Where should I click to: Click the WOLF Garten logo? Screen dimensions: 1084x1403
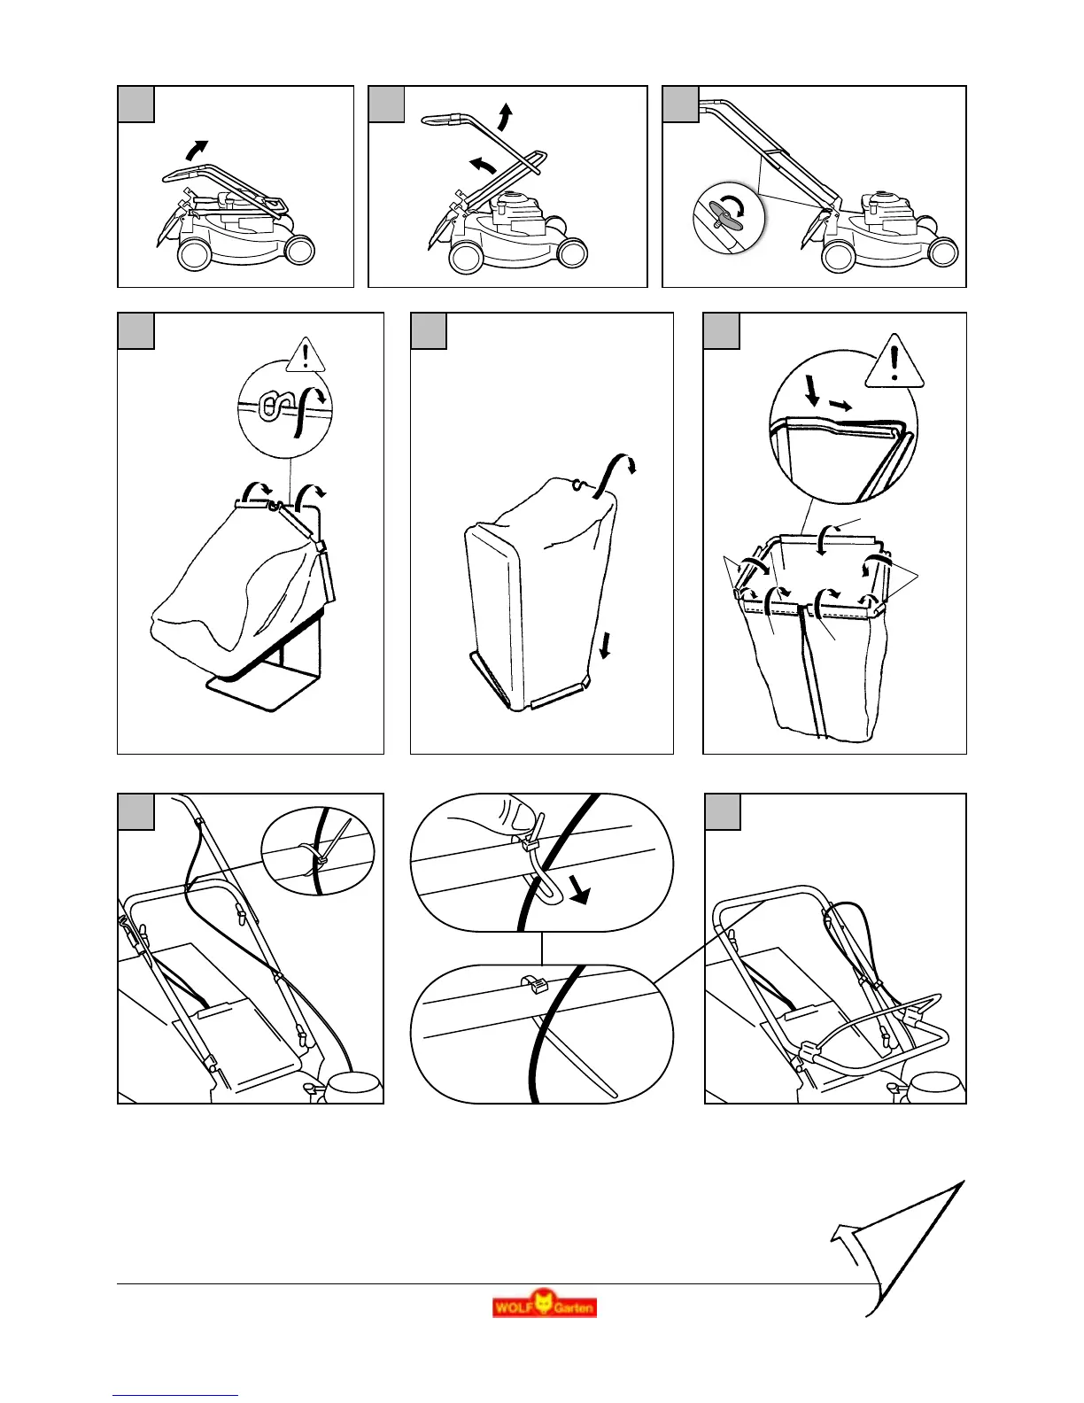pyautogui.click(x=545, y=1305)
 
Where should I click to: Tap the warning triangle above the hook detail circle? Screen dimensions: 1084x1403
pyautogui.click(x=306, y=355)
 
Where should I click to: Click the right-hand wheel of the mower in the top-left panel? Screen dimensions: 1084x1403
pyautogui.click(x=299, y=251)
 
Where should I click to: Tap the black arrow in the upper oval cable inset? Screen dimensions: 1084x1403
pyautogui.click(x=578, y=891)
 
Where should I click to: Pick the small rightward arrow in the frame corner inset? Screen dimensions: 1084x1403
pyautogui.click(x=842, y=405)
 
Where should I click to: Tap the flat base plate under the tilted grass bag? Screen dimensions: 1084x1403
pyautogui.click(x=261, y=688)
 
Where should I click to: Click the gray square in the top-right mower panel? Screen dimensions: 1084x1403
pyautogui.click(x=680, y=105)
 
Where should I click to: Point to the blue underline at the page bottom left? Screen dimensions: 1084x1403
pyautogui.click(x=175, y=1396)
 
